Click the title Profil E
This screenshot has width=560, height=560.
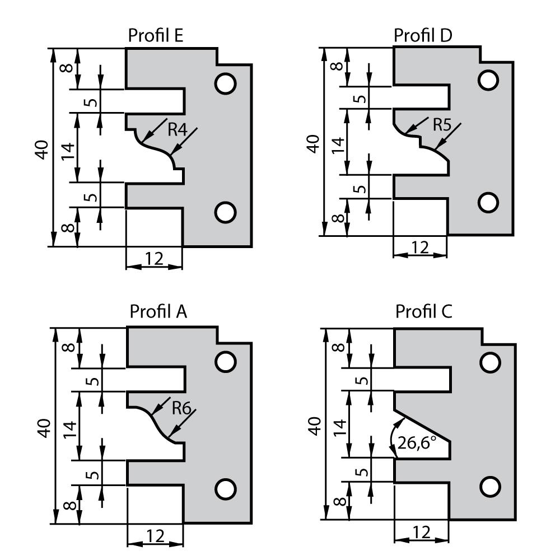[156, 35]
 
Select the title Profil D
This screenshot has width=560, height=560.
[423, 35]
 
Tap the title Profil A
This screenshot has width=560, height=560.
[158, 311]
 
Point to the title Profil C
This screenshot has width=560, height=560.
[424, 311]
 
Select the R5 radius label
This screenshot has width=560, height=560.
[442, 124]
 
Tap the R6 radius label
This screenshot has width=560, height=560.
[181, 408]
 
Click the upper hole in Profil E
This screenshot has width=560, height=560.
[226, 83]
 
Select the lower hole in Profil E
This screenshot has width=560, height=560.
[226, 212]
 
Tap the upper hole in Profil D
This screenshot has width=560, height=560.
[488, 80]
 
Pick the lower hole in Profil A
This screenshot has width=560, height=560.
[226, 488]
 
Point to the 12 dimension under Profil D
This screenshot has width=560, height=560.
[419, 246]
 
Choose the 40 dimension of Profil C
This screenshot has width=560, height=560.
[315, 426]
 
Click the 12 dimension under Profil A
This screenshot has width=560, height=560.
[155, 536]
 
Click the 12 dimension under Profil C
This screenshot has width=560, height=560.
[421, 532]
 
